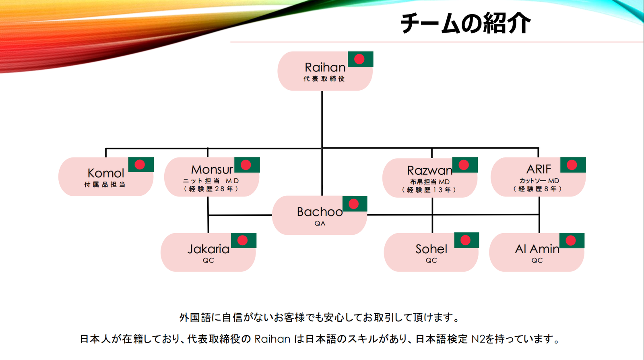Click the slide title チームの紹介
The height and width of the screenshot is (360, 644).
[465, 23]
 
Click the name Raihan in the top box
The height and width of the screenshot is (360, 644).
[325, 67]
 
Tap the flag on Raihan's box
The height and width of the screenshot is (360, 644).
[360, 59]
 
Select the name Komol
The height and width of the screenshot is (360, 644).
[106, 173]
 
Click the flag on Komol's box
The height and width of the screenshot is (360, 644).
[141, 165]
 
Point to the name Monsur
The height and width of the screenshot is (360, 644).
[212, 170]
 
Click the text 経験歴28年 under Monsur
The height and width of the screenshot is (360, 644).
[211, 189]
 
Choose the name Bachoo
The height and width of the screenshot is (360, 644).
[320, 212]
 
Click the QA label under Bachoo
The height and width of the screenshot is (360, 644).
[320, 223]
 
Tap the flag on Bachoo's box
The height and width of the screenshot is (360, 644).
[355, 204]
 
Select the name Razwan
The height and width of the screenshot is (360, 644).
[429, 170]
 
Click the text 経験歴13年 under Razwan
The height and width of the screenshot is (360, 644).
[429, 190]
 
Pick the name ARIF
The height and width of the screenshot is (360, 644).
[539, 169]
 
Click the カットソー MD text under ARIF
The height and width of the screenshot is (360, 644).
[539, 181]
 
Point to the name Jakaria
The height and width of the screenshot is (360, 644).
[208, 249]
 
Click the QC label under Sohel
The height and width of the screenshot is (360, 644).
[431, 261]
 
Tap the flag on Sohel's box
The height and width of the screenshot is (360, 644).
[466, 240]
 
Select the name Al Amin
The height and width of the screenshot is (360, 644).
[537, 249]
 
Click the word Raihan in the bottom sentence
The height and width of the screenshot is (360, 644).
[272, 339]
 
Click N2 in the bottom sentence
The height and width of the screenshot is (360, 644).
[478, 339]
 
